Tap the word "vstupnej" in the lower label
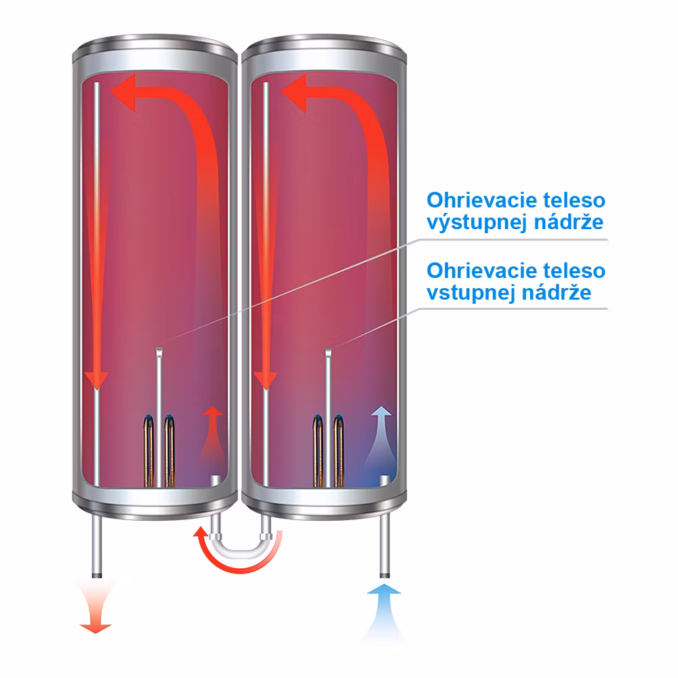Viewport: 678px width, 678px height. click(x=471, y=293)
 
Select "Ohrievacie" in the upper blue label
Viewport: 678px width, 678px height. click(x=481, y=200)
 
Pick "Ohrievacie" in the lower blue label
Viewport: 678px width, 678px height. click(x=481, y=271)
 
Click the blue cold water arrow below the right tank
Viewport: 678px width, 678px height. click(x=384, y=612)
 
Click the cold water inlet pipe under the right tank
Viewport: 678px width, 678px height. click(x=384, y=546)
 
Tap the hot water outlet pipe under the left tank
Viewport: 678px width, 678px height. click(x=97, y=546)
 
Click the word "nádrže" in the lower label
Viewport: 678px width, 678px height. click(x=557, y=292)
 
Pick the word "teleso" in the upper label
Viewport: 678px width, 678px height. click(x=574, y=200)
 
